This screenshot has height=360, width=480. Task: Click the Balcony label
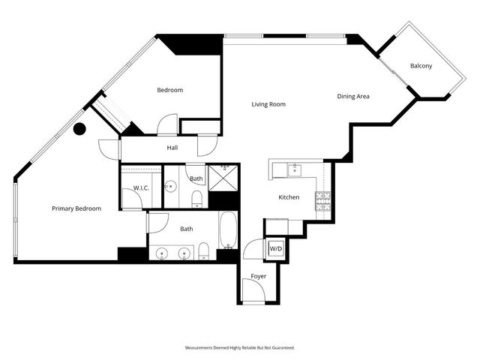(421, 66)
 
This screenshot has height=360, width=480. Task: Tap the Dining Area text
(354, 96)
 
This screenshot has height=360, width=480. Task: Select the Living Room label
(268, 104)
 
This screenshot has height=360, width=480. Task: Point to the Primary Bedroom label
(76, 208)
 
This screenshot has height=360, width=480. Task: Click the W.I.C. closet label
(142, 187)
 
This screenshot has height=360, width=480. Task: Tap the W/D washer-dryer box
(275, 248)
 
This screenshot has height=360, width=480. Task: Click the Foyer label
(258, 276)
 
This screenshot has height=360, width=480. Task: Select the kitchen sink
(295, 169)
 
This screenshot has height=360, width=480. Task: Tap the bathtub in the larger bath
(228, 230)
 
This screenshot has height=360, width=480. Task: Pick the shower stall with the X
(222, 179)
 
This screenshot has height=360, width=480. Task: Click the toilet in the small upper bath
(196, 198)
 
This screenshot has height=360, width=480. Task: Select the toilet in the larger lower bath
(203, 250)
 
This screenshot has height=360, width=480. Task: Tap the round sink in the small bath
(171, 187)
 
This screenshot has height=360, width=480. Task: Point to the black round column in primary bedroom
(79, 129)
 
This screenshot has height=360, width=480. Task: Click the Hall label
(172, 148)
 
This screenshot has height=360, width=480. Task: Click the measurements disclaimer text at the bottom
(240, 348)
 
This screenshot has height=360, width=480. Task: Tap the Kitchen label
(289, 197)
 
